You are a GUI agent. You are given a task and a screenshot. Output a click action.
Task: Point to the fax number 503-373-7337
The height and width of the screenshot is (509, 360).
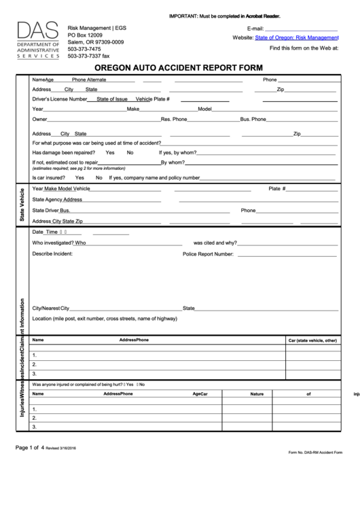click(88, 56)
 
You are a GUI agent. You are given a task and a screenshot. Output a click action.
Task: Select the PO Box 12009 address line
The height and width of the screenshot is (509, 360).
click(86, 35)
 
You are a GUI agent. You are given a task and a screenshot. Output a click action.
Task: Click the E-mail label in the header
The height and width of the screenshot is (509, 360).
click(255, 29)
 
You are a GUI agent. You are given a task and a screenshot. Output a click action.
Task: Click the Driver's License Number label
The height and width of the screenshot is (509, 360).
click(60, 99)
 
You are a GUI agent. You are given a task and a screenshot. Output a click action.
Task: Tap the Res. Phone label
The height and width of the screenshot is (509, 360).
click(174, 119)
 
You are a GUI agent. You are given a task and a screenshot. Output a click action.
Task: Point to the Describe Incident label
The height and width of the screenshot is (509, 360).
click(52, 253)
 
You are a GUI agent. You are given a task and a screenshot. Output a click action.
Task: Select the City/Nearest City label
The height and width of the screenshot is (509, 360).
click(51, 308)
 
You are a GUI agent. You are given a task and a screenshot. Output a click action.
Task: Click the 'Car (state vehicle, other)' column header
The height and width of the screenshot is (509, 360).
click(312, 340)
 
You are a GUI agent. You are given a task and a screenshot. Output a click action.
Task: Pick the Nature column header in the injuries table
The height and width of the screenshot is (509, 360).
click(257, 393)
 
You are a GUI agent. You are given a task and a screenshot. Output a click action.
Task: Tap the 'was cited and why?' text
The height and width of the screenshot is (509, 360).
click(215, 243)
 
